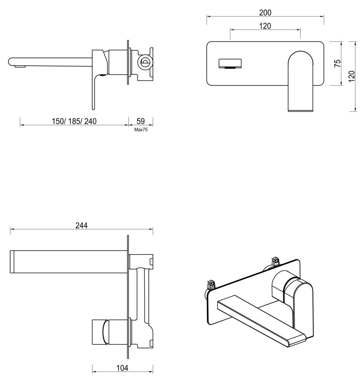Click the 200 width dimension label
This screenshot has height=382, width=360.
[265, 13]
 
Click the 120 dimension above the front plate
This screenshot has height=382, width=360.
[265, 26]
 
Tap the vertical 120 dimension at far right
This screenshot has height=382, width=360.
[351, 76]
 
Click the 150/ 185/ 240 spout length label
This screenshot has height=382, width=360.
[74, 121]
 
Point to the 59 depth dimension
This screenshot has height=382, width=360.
[141, 121]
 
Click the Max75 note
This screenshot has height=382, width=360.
[141, 130]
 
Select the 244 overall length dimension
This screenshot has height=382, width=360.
[81, 226]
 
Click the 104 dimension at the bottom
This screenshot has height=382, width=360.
[122, 368]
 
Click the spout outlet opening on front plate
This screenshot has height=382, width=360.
[230, 64]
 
